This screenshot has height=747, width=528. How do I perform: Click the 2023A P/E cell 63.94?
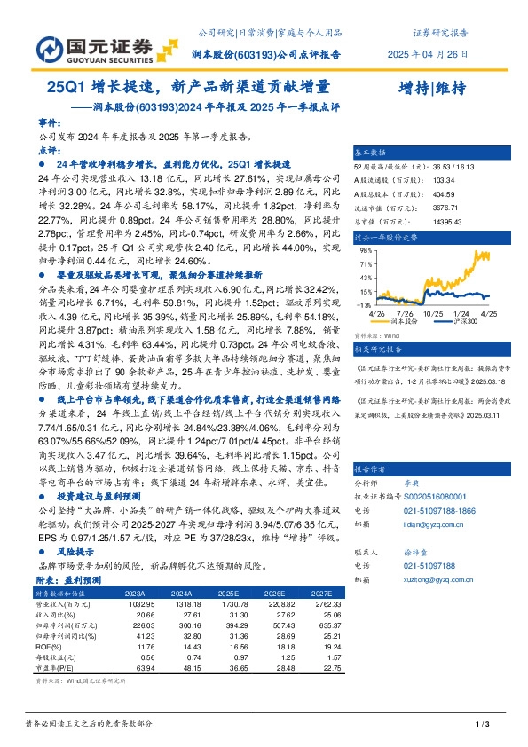136,669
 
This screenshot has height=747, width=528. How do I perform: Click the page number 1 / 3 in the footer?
484,725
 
